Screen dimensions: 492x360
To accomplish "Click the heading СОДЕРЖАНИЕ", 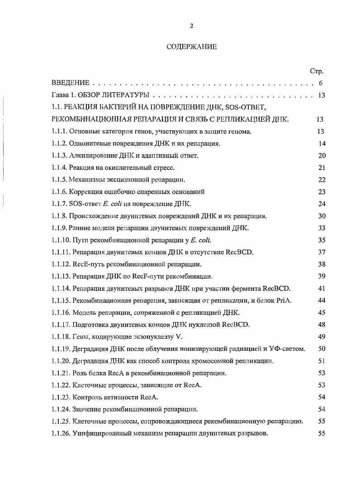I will point(192,47).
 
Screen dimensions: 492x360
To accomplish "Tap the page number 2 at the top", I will point(192,26).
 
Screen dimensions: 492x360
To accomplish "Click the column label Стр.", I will point(316,71).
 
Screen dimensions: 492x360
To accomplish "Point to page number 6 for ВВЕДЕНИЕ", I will point(320,83).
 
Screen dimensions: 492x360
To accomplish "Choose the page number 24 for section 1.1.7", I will point(322,204).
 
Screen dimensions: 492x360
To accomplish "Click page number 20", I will point(322,156).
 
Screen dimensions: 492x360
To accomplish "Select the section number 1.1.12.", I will point(61,264).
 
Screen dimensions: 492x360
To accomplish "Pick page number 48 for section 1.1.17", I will point(322,325).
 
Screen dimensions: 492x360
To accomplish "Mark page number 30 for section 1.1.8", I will point(322,216).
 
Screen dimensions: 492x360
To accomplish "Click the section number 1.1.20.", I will point(61,361).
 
